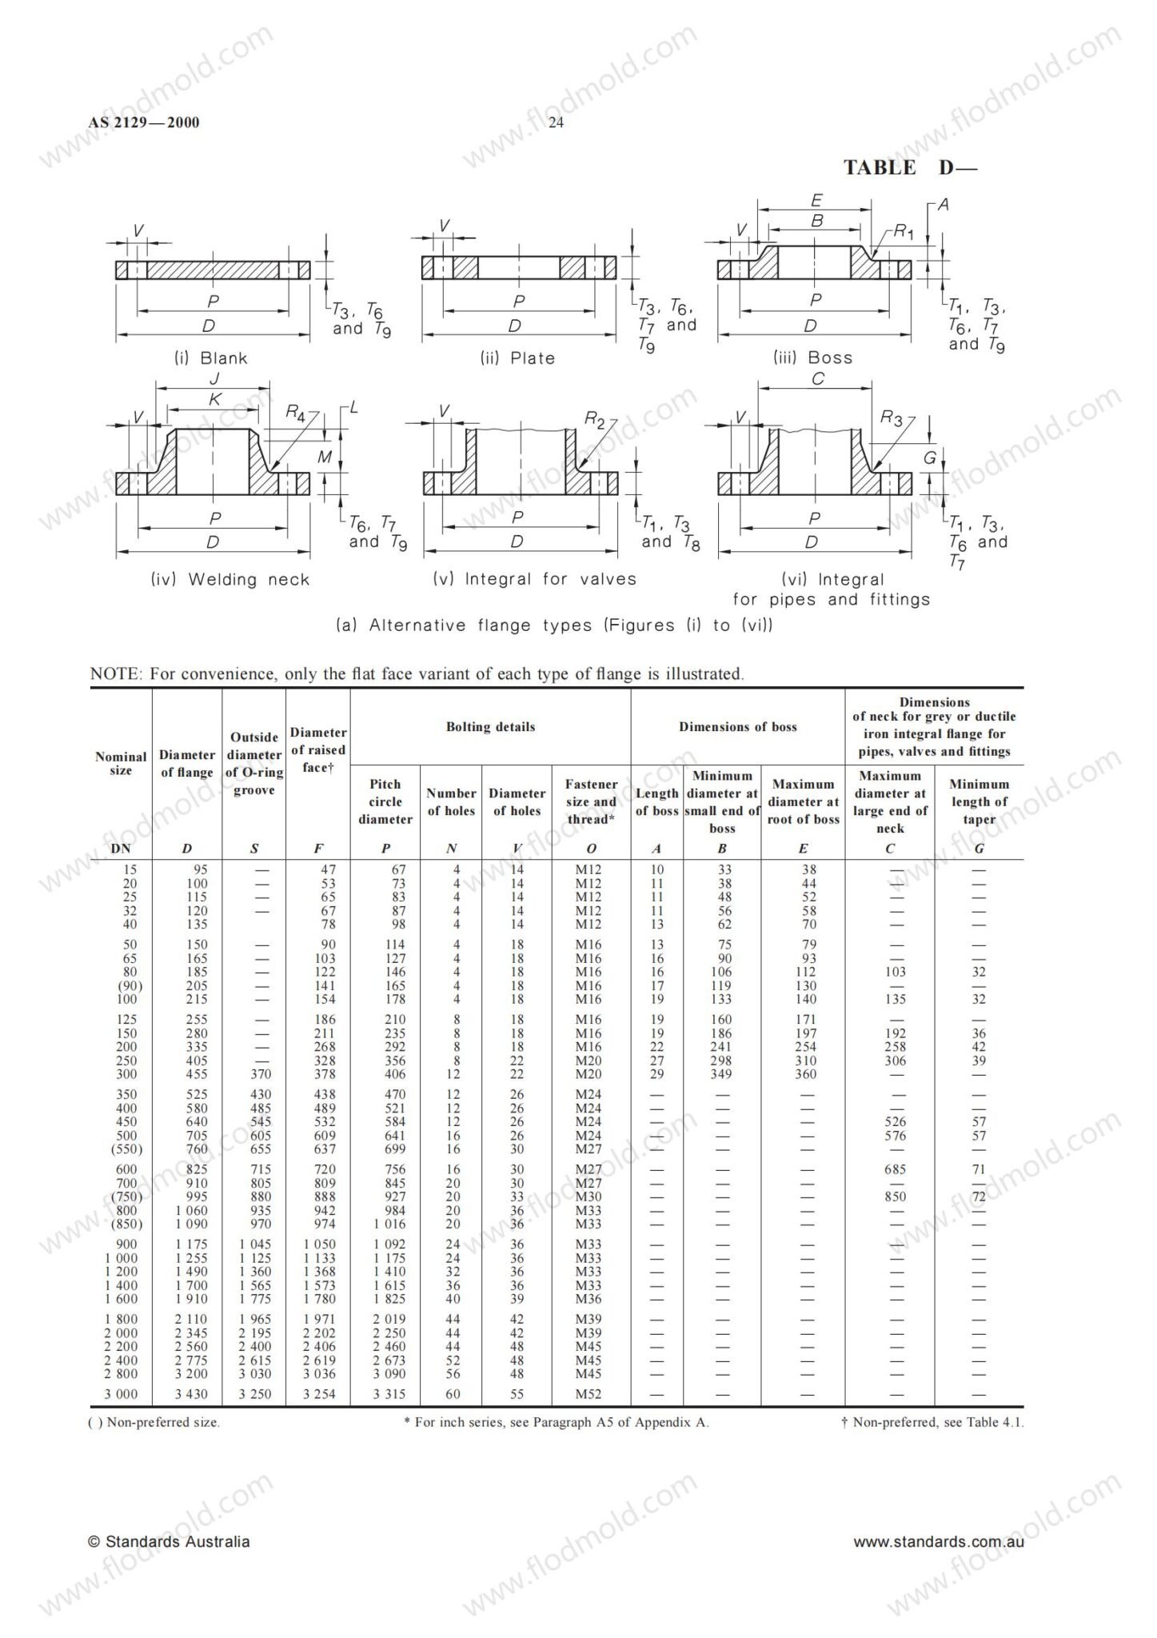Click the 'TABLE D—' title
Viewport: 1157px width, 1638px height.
point(910,168)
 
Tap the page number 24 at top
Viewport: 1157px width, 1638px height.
point(557,122)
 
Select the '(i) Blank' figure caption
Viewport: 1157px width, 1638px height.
point(211,358)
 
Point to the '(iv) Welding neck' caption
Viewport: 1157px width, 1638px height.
point(229,579)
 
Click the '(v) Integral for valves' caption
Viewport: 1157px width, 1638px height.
point(534,579)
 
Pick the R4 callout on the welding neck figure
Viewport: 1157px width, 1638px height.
point(296,413)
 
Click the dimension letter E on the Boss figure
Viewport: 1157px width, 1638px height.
point(816,200)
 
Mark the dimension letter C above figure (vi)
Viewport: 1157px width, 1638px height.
point(817,379)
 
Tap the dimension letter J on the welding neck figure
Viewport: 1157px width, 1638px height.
point(214,379)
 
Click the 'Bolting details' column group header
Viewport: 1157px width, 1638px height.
point(490,727)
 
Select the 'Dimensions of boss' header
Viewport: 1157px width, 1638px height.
point(737,727)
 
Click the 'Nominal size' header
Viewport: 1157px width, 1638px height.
point(121,763)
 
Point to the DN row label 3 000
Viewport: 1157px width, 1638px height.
point(121,1394)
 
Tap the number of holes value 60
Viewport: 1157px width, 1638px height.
point(452,1394)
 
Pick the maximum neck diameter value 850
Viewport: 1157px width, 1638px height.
point(895,1197)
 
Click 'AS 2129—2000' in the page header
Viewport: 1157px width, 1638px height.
point(144,122)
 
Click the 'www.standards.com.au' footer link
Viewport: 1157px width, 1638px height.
point(938,1542)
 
